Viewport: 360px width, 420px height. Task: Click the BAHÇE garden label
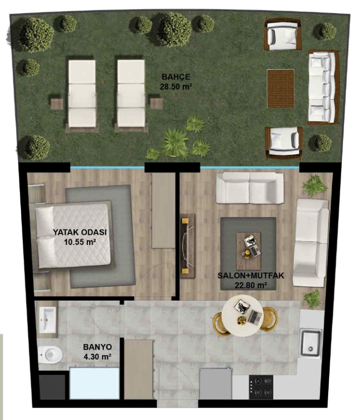[x=176, y=77]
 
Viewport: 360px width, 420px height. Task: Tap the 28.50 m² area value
[x=176, y=87]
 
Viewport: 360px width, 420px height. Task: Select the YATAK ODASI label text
[x=80, y=232]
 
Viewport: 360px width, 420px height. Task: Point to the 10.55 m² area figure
[x=80, y=242]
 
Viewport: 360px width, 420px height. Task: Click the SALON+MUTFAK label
[x=250, y=276]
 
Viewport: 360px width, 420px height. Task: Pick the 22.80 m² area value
[x=251, y=285]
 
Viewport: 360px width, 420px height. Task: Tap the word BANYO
[x=97, y=347]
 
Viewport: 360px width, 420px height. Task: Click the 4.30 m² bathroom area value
[x=97, y=357]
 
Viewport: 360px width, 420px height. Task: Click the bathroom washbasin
[x=47, y=319]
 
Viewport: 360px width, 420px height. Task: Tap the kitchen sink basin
[x=311, y=343]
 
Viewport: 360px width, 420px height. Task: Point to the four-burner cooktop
[x=261, y=387]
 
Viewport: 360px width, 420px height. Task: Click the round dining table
[x=242, y=316]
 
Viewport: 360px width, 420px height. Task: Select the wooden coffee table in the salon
[x=248, y=251]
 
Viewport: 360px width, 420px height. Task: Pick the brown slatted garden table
[x=281, y=89]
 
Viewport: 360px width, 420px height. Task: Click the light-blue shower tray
[x=94, y=384]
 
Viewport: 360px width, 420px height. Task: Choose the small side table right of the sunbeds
[x=156, y=104]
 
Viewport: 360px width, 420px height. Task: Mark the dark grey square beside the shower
[x=52, y=387]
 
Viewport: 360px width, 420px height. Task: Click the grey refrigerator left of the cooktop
[x=215, y=384]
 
